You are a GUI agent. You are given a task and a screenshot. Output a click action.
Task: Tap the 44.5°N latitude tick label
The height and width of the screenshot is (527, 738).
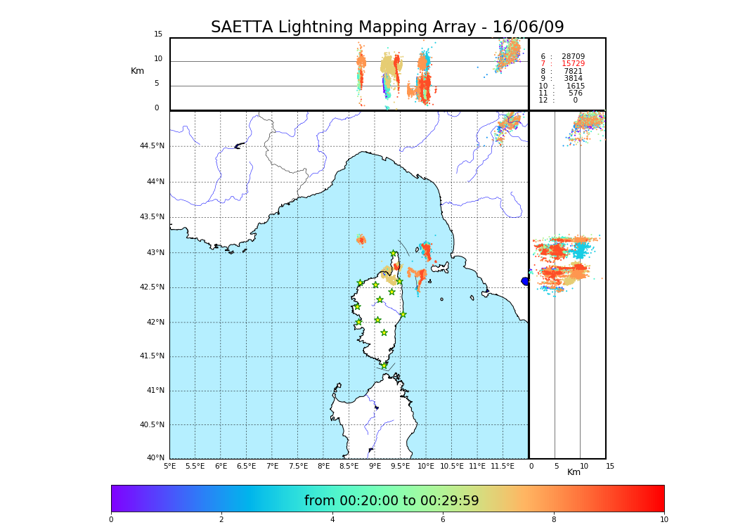[152, 146]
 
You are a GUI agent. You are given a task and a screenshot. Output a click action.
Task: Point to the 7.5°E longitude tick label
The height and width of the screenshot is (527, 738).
[298, 466]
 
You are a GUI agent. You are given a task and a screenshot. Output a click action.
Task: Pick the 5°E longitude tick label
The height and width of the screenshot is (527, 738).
[169, 466]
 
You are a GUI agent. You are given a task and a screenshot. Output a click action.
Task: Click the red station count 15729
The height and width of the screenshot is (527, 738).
[573, 64]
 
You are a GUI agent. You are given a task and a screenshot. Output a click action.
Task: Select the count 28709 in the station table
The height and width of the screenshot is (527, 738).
[573, 57]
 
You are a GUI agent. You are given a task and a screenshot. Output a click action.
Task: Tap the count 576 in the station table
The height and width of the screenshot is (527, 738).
[575, 93]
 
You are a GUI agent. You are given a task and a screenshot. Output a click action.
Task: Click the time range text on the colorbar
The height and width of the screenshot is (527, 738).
[391, 501]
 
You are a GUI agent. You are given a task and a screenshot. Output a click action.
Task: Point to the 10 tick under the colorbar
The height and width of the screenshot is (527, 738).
[663, 520]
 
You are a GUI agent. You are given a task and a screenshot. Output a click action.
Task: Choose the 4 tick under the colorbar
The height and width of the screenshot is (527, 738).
[332, 520]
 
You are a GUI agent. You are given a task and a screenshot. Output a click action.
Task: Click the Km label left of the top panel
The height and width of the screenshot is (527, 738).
[137, 71]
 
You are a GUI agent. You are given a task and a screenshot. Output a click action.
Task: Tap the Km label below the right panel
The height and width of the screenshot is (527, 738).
[574, 472]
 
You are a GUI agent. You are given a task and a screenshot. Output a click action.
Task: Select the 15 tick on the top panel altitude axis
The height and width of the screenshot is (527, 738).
[158, 34]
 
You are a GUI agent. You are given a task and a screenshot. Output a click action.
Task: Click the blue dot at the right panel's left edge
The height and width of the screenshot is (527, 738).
[525, 281]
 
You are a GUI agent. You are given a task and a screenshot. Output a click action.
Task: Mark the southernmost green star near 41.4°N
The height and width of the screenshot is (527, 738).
[384, 365]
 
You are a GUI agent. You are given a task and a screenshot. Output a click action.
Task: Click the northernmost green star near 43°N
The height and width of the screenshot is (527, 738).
[394, 254]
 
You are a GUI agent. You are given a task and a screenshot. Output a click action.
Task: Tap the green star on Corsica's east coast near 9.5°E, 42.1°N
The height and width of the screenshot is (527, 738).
[403, 314]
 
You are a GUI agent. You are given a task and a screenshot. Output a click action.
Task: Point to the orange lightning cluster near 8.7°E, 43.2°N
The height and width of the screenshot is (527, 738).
[361, 240]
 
